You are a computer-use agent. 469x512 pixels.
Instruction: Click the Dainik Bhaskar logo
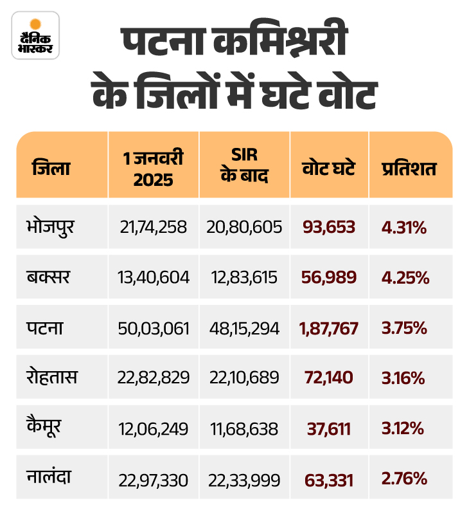tap(35, 36)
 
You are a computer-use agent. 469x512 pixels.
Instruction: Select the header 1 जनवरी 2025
tap(154, 169)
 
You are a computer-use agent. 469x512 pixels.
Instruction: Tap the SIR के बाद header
tap(244, 169)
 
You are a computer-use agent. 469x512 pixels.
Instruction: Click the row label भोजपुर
tap(53, 226)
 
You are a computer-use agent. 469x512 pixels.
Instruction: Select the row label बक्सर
tap(48, 277)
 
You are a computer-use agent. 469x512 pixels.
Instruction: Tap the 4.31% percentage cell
tap(405, 227)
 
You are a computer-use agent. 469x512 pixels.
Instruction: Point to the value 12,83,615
tap(244, 278)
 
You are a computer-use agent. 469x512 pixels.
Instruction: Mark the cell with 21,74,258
tap(154, 227)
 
